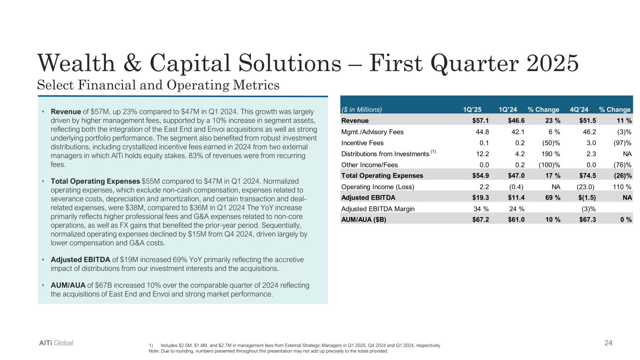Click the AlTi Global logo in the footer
(x=56, y=343)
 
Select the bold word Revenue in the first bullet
(x=65, y=112)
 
